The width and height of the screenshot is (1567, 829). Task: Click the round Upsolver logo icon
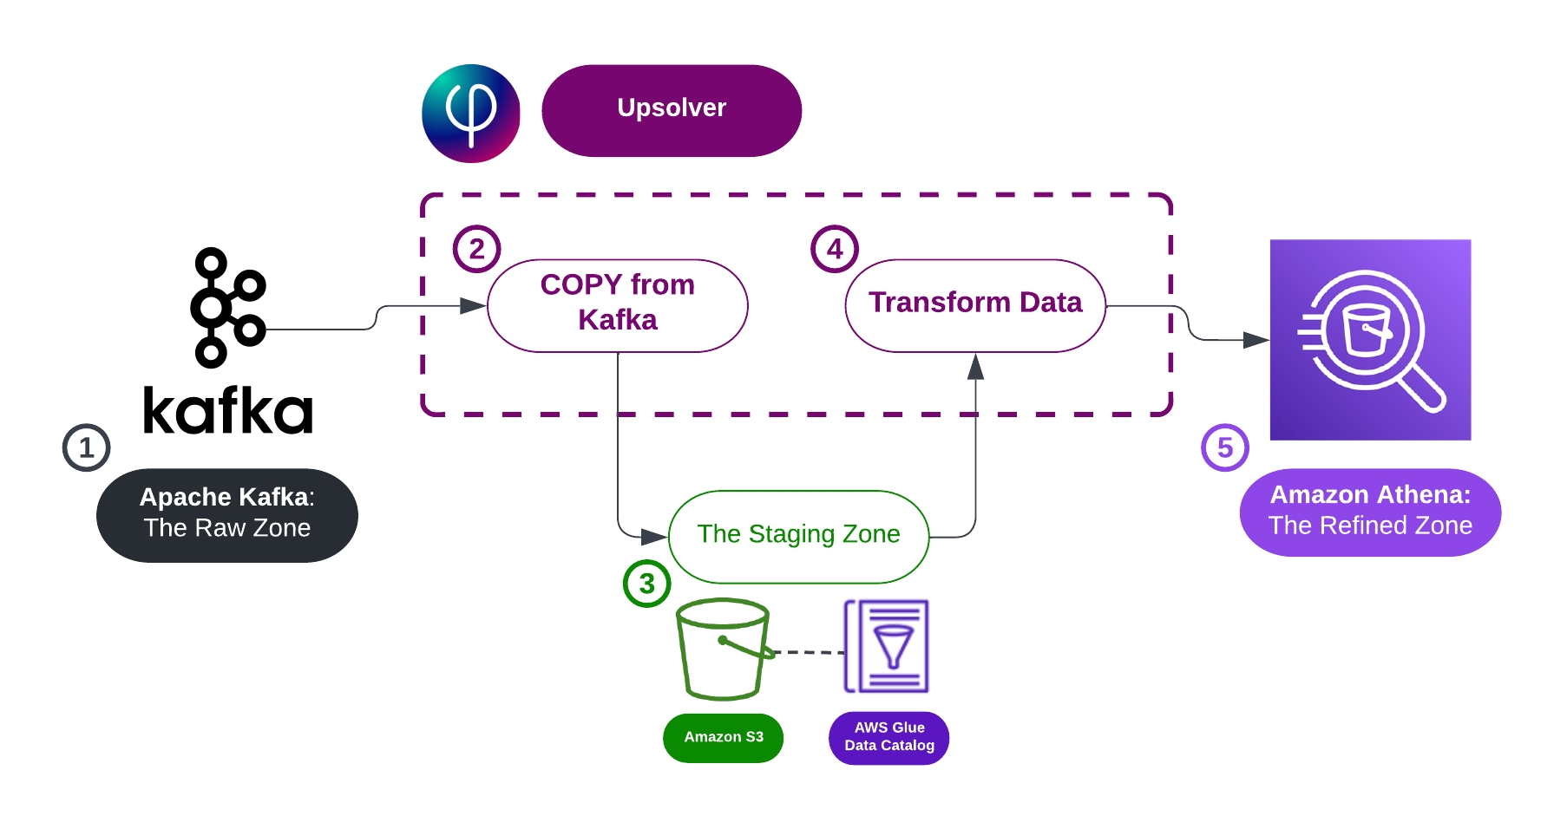(470, 113)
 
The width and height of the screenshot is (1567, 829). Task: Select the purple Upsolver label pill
(671, 110)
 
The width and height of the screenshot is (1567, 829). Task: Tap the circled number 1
(86, 447)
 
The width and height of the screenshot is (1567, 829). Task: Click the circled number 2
(476, 249)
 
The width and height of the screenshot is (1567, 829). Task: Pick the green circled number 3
(646, 584)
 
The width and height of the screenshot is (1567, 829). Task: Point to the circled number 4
(834, 249)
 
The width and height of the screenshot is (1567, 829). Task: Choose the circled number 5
(1224, 447)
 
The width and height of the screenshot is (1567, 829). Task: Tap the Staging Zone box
(798, 536)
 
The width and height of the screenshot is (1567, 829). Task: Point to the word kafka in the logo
(227, 411)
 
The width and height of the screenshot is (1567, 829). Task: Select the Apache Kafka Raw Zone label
(226, 515)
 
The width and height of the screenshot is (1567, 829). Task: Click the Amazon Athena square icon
(1369, 339)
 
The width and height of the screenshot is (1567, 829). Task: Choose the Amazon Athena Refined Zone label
(1369, 512)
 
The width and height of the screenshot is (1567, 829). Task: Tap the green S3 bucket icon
(722, 648)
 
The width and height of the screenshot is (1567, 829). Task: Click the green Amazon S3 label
(723, 737)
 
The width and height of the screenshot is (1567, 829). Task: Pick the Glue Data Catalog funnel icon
(887, 646)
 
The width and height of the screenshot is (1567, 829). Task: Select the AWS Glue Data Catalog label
(888, 737)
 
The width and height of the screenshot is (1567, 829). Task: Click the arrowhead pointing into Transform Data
(975, 368)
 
